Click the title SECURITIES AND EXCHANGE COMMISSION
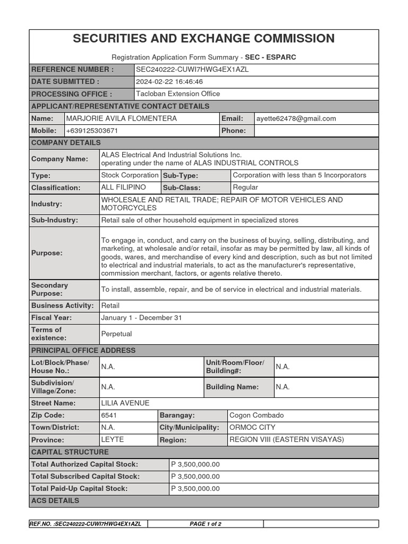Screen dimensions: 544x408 pos(203,38)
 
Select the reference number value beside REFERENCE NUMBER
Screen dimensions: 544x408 pos(192,70)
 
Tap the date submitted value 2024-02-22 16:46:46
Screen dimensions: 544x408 pos(169,82)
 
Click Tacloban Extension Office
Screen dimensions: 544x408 pos(178,94)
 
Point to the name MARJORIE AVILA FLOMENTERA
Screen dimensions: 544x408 pos(122,118)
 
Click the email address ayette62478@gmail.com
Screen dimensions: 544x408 pos(296,118)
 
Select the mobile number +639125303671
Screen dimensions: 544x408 pos(92,131)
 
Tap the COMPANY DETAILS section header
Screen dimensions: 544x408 pos(66,143)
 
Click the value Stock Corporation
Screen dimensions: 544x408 pos(130,175)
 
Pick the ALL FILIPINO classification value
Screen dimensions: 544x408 pos(123,188)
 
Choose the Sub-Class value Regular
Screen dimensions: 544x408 pos(245,188)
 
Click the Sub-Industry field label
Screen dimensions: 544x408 pos(55,220)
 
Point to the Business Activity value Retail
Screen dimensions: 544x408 pos(110,305)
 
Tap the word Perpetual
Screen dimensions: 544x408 pos(116,334)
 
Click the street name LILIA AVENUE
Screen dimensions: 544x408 pos(125,403)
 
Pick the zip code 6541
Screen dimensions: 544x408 pos(109,415)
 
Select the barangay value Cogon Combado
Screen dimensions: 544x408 pos(257,415)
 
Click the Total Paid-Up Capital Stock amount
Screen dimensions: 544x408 pos(195,489)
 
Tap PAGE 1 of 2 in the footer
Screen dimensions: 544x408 pos(206,524)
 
